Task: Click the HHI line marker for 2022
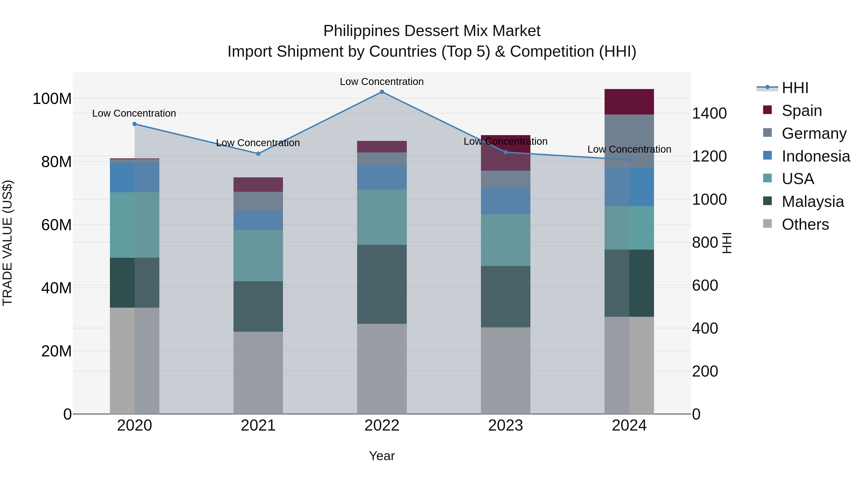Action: pyautogui.click(x=382, y=92)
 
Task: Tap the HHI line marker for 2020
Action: pyautogui.click(x=134, y=124)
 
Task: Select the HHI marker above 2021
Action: pyautogui.click(x=258, y=154)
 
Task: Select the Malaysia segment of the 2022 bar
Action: pyautogui.click(x=382, y=284)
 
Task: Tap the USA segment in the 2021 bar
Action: pyautogui.click(x=258, y=256)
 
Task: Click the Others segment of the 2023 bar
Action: pyautogui.click(x=505, y=371)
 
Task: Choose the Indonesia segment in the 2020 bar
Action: pyautogui.click(x=134, y=177)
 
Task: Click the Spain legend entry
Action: pyautogui.click(x=802, y=111)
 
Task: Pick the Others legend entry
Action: pyautogui.click(x=805, y=224)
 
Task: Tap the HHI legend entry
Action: pyautogui.click(x=795, y=88)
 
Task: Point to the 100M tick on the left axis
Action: pyautogui.click(x=52, y=99)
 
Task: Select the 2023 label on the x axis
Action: pyautogui.click(x=505, y=426)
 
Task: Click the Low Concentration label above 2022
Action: pyautogui.click(x=382, y=82)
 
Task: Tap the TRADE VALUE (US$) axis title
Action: pyautogui.click(x=7, y=243)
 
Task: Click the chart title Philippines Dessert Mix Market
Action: pyautogui.click(x=432, y=31)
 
